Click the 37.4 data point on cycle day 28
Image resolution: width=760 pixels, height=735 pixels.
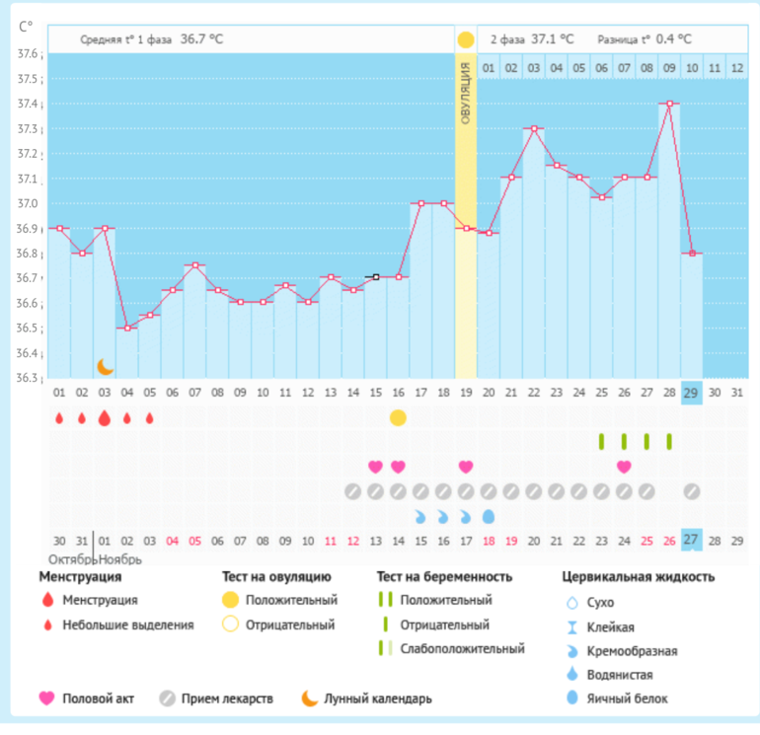tap(670, 103)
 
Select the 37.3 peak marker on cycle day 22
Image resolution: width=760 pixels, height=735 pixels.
tap(534, 128)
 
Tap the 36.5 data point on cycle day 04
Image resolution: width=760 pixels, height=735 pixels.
tap(127, 328)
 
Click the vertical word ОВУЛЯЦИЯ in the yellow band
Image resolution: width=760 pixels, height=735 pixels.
tap(466, 98)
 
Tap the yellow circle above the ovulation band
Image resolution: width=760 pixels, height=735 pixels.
tap(466, 40)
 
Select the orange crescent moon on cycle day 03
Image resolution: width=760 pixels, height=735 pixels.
tap(105, 367)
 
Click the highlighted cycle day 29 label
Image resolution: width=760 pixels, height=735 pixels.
tap(692, 393)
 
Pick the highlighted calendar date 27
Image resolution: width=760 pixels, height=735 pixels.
tap(692, 541)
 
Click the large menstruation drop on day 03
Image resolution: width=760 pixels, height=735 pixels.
tap(105, 417)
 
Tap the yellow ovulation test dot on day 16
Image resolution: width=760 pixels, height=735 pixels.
tap(398, 417)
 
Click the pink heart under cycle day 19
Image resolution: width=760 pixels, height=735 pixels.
tap(466, 466)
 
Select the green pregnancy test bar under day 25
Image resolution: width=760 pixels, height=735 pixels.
tap(602, 441)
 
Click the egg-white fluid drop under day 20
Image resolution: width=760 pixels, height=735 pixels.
tap(489, 515)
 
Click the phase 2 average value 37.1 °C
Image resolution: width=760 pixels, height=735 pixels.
tap(553, 39)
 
